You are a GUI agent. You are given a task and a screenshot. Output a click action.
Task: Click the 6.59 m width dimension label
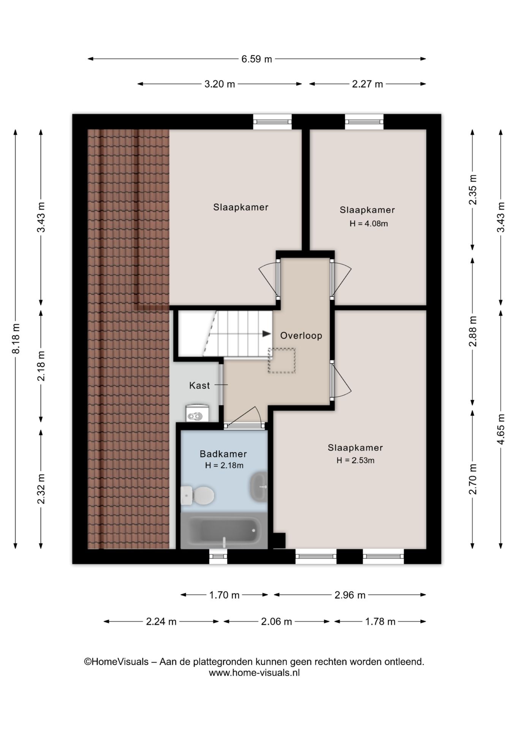[x=257, y=59]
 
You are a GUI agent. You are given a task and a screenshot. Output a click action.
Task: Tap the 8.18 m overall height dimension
[x=16, y=339]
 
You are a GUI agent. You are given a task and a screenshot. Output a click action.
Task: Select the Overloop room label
[x=301, y=336]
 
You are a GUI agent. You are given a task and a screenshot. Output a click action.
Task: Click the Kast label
[x=199, y=386]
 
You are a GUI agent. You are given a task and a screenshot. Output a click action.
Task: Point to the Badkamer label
[x=223, y=454]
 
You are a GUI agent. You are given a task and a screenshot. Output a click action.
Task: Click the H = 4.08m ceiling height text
[x=369, y=224]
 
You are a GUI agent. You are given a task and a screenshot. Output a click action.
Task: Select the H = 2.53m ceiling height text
[x=355, y=461]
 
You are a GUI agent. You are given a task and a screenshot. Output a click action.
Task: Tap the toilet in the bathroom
[x=197, y=495]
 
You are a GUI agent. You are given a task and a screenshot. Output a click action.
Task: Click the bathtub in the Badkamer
[x=224, y=530]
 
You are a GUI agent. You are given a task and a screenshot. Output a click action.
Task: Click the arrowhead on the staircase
[x=267, y=334]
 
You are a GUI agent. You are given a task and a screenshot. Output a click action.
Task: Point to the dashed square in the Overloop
[x=282, y=360]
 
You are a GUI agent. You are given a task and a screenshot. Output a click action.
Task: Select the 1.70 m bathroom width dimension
[x=224, y=595]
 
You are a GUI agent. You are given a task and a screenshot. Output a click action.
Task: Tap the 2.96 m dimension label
[x=350, y=595]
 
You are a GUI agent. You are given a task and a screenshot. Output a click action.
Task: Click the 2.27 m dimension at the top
[x=367, y=84]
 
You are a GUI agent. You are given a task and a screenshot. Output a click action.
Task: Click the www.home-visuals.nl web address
[x=254, y=673]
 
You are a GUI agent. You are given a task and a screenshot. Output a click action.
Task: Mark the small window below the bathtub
[x=218, y=556]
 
